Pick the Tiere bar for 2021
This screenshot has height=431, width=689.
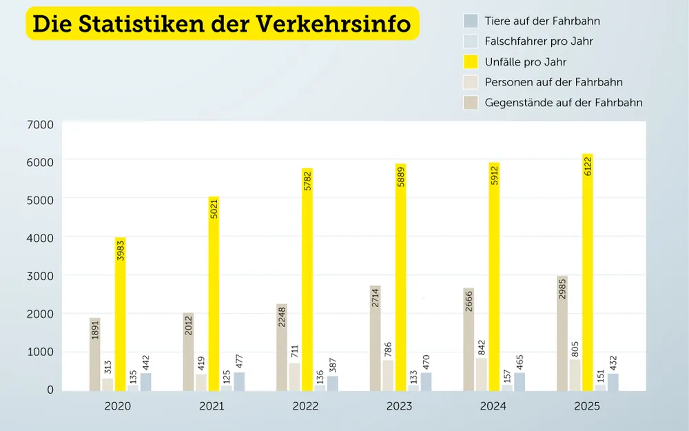(239, 382)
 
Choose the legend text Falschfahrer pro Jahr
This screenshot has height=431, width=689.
(539, 41)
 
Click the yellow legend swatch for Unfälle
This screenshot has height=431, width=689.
(471, 62)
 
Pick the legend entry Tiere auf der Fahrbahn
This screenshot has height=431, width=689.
(542, 21)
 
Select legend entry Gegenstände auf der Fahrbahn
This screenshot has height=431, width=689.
(564, 103)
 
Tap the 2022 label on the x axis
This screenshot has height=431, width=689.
(305, 406)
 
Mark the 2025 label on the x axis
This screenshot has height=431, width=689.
(587, 406)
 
